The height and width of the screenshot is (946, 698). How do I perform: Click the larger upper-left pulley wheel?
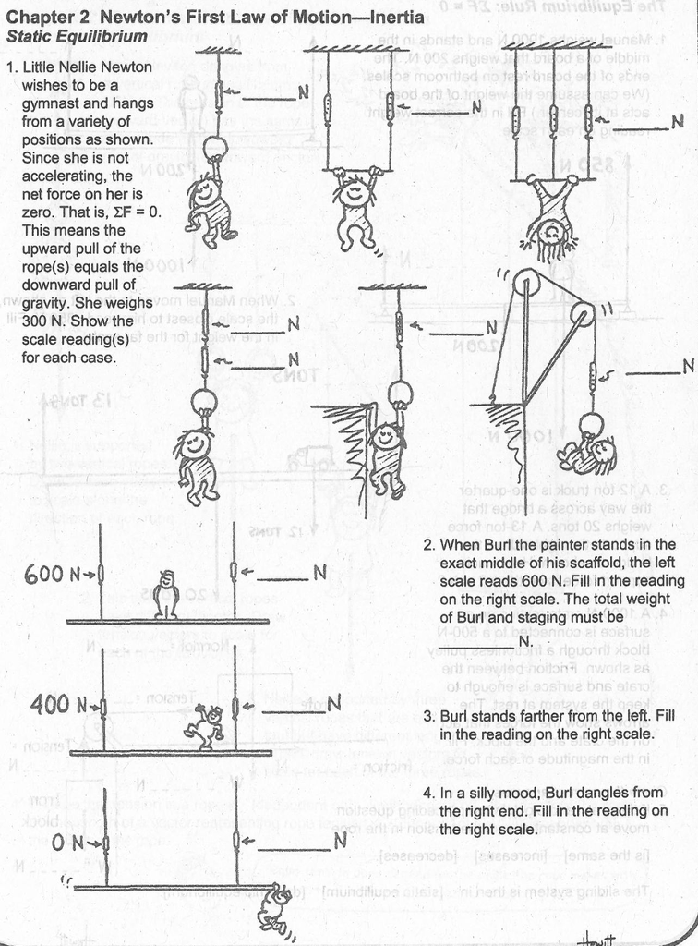pos(525,283)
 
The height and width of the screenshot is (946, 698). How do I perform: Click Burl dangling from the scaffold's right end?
pos(274,906)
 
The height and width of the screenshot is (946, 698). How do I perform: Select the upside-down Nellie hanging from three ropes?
pos(550,218)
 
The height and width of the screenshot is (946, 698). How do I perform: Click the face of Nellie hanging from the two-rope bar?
pos(352,194)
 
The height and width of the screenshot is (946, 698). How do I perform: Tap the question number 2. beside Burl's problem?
pos(429,545)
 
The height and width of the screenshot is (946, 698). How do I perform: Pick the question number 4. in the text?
pos(429,793)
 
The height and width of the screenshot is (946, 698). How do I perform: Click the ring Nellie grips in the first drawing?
pos(215,148)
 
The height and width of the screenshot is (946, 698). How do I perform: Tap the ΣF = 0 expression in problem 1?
pos(137,212)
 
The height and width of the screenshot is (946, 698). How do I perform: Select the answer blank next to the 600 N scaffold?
pos(283,579)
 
